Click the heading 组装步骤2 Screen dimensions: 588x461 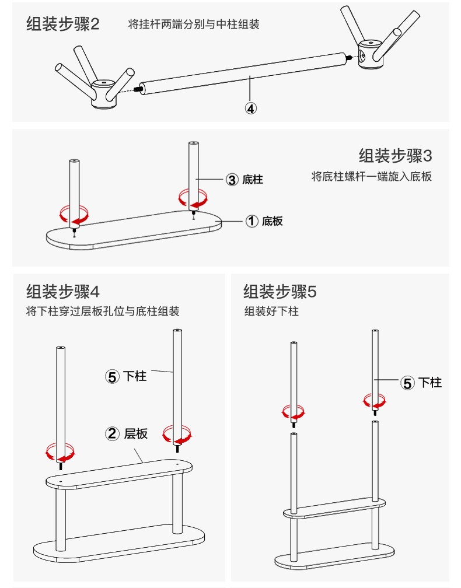(63, 24)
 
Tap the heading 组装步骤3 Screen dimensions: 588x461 (395, 156)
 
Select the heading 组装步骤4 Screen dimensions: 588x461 (63, 290)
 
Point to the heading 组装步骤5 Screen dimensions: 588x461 (280, 290)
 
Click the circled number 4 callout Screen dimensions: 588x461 (250, 108)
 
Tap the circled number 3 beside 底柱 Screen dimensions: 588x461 (232, 180)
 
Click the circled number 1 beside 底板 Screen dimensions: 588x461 (252, 221)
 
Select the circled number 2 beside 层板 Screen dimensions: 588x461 (113, 433)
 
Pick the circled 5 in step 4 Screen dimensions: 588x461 (112, 376)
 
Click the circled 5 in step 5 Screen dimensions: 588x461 (407, 383)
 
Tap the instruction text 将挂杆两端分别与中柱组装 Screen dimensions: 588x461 (194, 24)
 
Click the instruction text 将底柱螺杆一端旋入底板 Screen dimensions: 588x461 (372, 176)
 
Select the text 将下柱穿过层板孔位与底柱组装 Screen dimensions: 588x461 (103, 311)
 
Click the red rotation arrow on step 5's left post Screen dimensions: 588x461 (294, 412)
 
